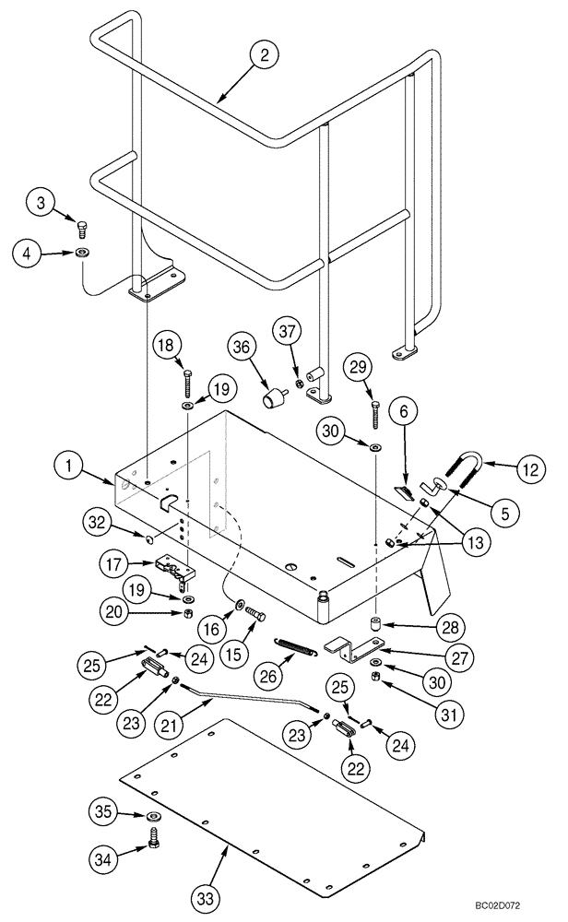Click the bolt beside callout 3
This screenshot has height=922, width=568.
click(81, 226)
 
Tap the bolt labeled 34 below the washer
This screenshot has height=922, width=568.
click(154, 837)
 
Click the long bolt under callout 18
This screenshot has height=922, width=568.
click(187, 381)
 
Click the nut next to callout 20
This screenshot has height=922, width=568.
click(187, 613)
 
